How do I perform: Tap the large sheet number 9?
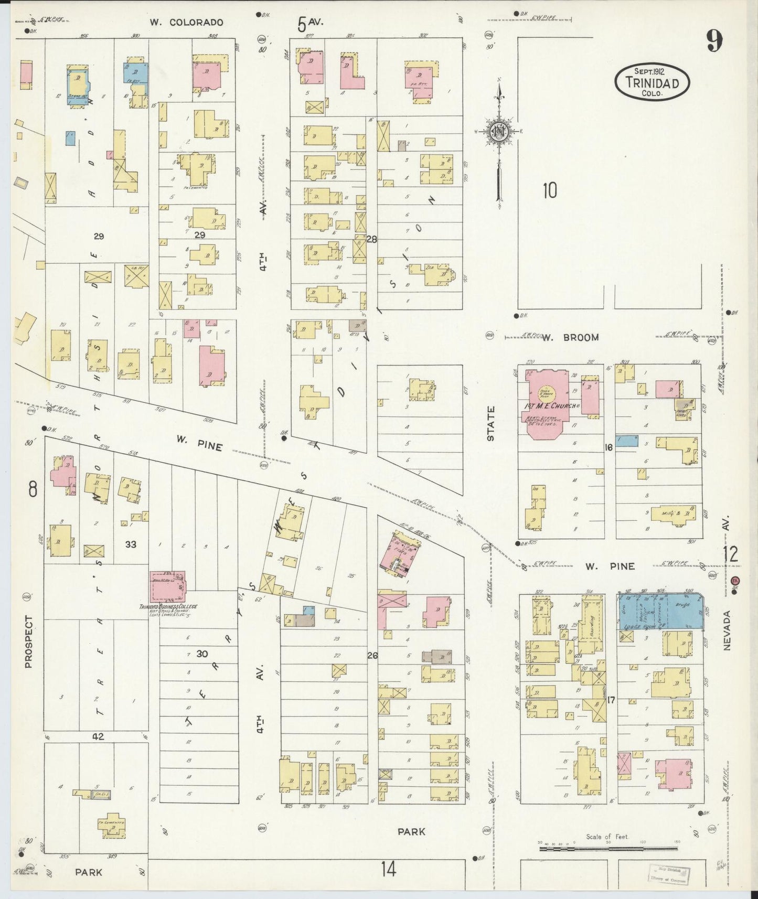(x=714, y=40)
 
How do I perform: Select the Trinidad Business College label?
(x=168, y=606)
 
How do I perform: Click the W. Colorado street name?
(x=186, y=22)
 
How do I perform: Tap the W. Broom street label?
(x=573, y=337)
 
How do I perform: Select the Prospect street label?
(x=28, y=641)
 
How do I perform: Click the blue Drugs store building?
(x=685, y=610)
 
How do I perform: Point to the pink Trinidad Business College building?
(x=167, y=587)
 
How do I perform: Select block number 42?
(x=98, y=736)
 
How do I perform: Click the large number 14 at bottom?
(x=388, y=870)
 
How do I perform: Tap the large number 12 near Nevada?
(x=730, y=553)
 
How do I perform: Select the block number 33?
(x=131, y=544)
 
